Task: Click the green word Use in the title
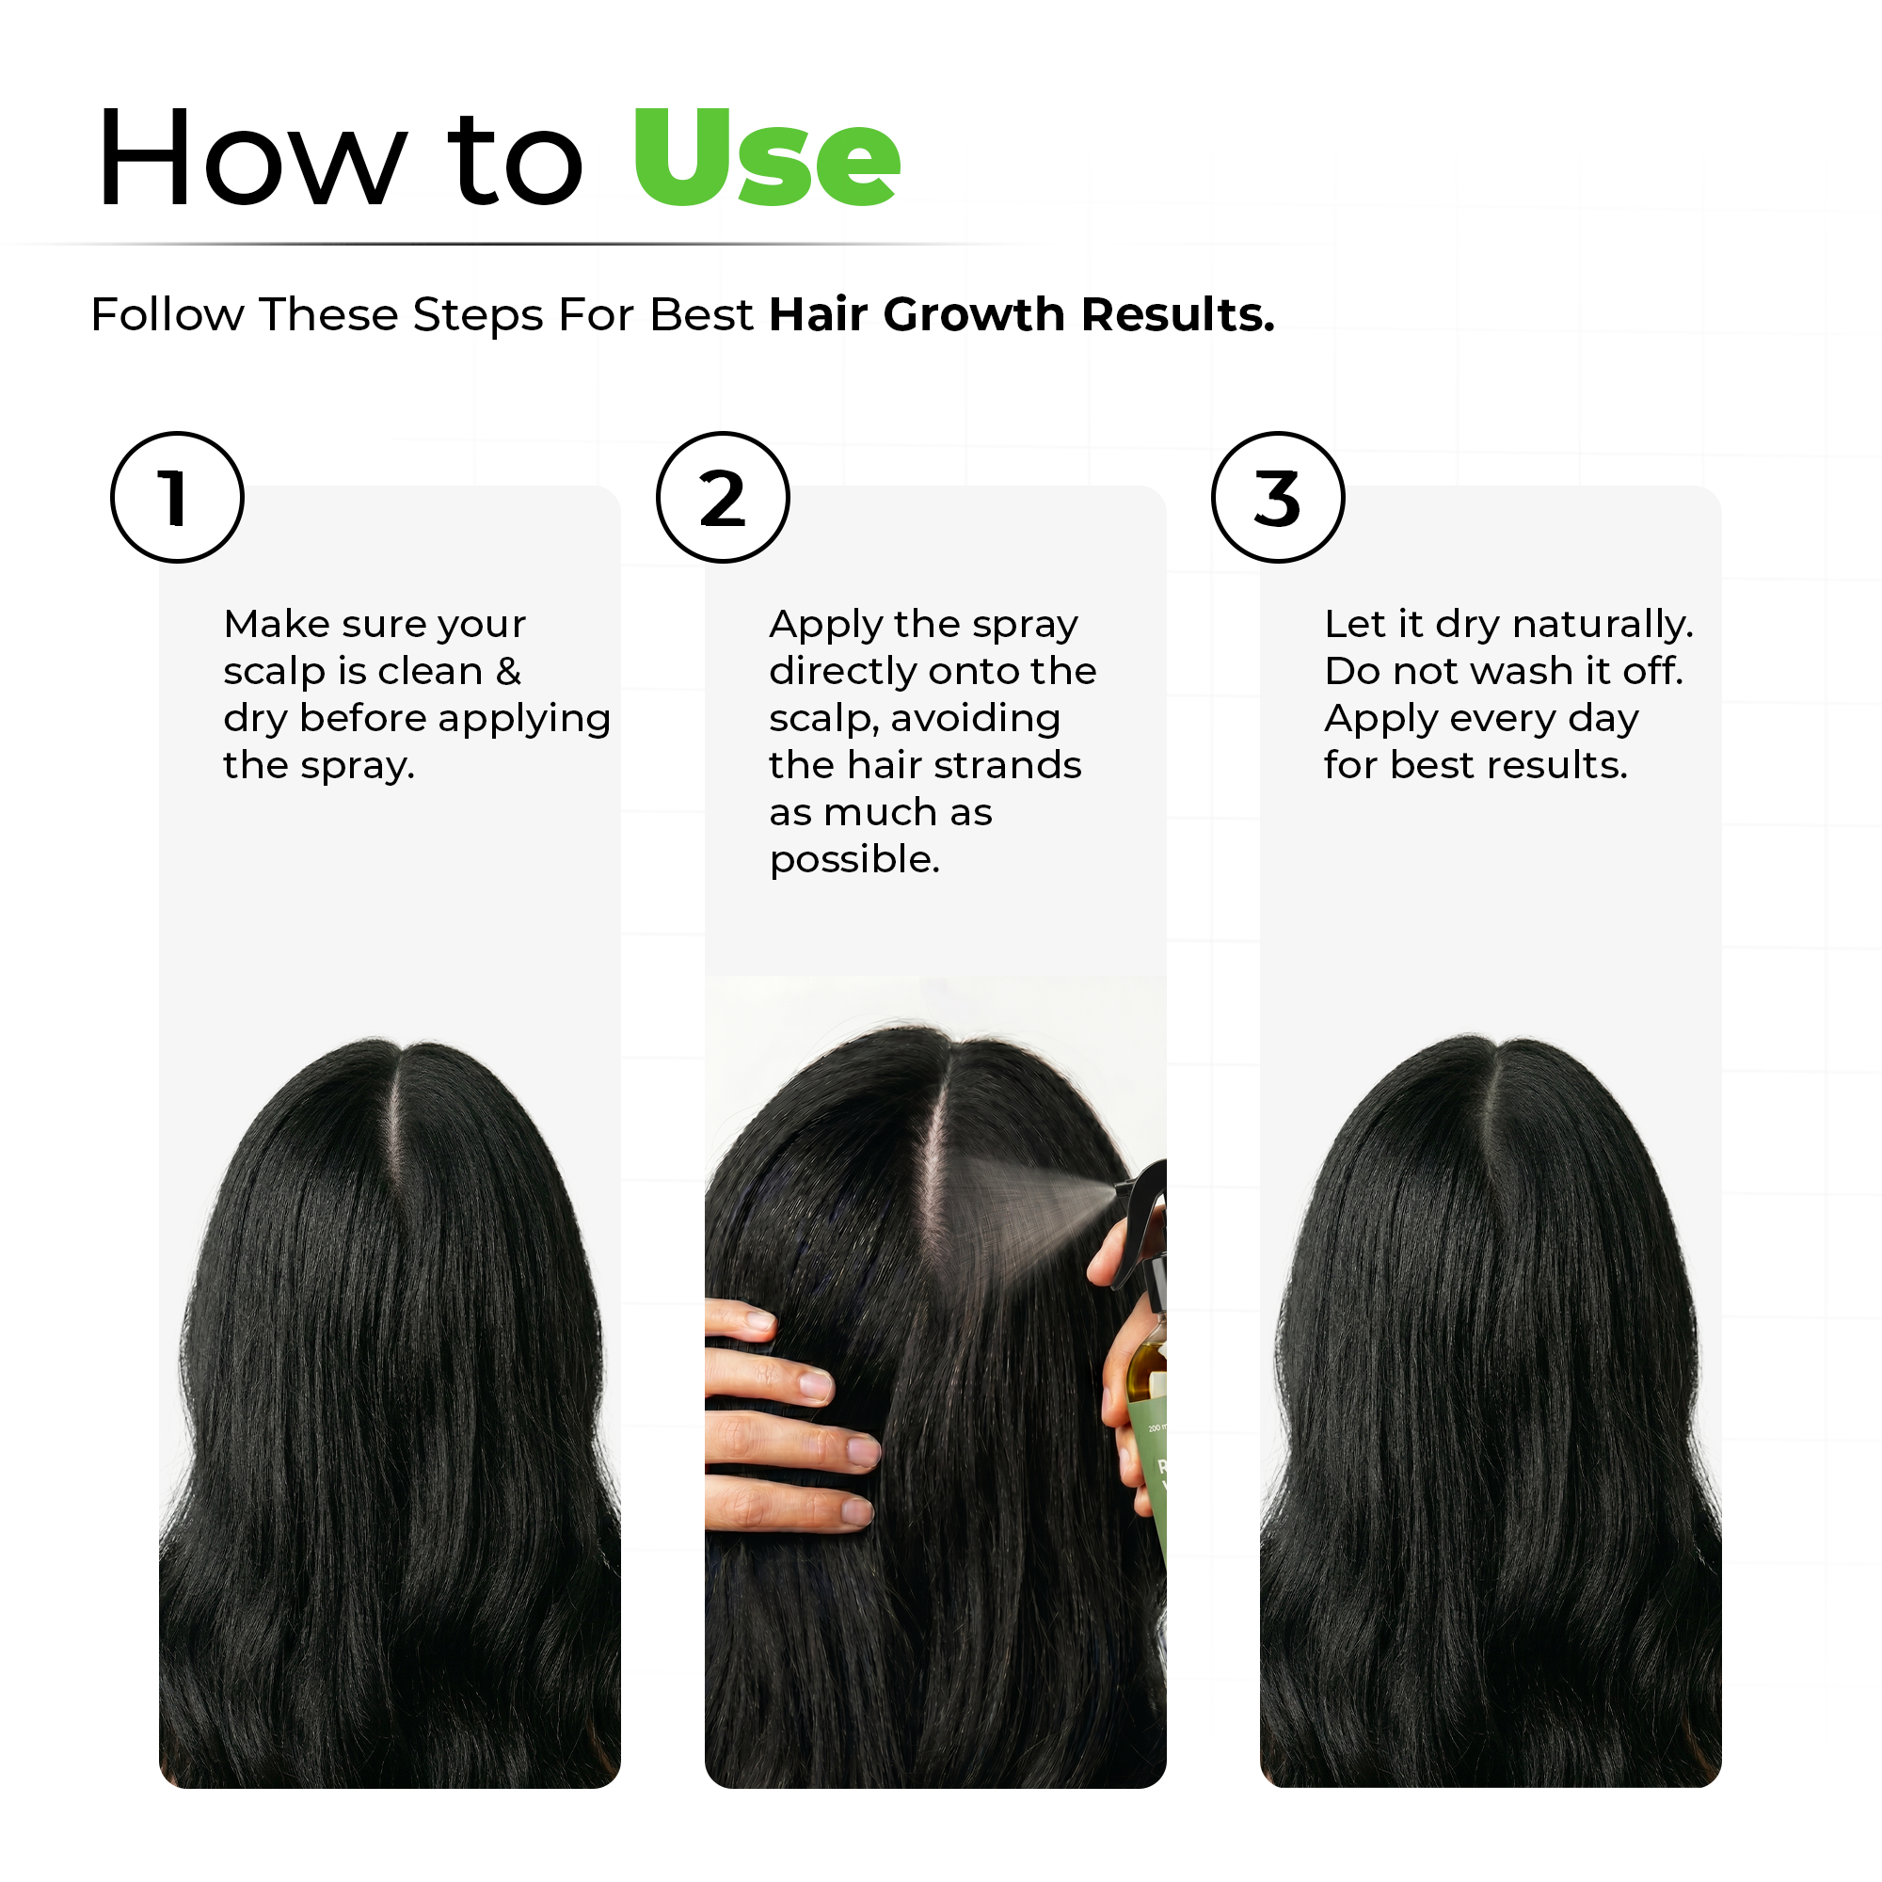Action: tap(767, 158)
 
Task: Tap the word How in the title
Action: tap(251, 158)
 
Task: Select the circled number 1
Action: tap(176, 497)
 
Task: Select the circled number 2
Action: tap(722, 497)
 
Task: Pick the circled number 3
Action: tap(1277, 497)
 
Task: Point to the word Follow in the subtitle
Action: tap(167, 314)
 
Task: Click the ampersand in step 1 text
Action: tap(508, 671)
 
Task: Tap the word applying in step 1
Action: tap(524, 720)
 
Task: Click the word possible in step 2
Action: tap(853, 860)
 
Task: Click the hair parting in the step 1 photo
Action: tap(395, 1120)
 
